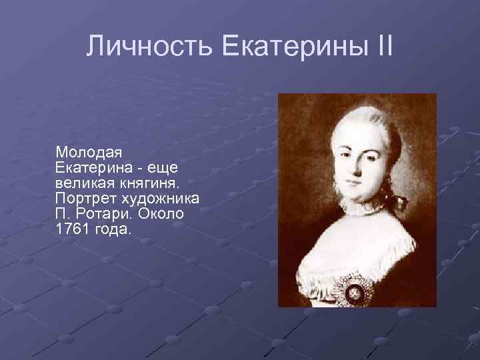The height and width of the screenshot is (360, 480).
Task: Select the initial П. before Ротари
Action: tap(64, 214)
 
